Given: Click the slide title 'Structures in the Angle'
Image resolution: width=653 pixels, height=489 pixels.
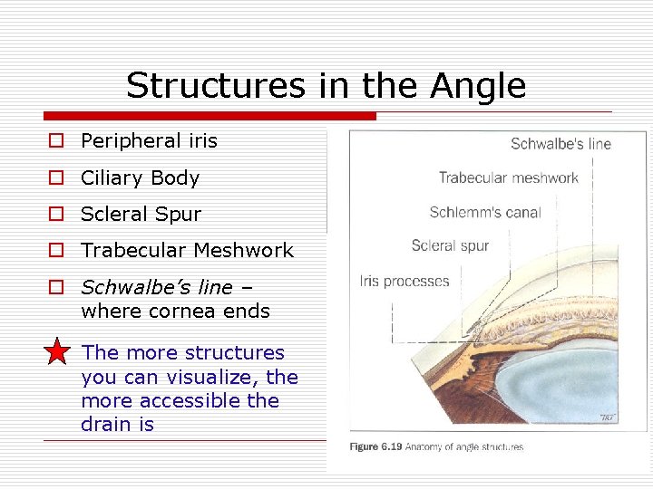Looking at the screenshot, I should [326, 86].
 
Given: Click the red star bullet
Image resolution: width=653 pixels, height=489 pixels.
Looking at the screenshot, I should [56, 351].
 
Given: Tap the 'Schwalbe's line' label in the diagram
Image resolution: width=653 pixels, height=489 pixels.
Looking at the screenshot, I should [560, 144].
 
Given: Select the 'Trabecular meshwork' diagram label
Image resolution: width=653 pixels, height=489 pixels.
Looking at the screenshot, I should [508, 178].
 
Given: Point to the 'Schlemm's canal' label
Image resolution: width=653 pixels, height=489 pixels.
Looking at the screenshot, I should [484, 213].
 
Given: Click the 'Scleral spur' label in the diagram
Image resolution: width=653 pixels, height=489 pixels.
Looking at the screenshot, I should [450, 245].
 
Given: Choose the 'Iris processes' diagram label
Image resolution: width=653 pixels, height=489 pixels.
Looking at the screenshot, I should [404, 281].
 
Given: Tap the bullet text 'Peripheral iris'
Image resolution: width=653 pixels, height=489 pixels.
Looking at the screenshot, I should [149, 141].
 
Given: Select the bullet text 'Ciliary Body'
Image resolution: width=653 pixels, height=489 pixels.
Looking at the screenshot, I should [140, 178].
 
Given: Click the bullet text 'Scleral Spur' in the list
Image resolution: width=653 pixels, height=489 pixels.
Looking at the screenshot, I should [141, 215].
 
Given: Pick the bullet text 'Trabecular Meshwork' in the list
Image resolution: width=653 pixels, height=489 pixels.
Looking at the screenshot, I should [187, 251].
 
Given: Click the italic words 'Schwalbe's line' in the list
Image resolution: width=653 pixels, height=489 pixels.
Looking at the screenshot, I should [156, 287].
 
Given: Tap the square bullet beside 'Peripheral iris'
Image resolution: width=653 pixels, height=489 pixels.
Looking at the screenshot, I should [56, 141].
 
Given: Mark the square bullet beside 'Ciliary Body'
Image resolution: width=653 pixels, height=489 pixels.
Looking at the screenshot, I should [56, 178].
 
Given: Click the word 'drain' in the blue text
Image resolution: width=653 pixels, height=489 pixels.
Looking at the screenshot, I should [107, 425].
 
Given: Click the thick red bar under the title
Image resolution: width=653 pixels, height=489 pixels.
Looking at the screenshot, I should [209, 116].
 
